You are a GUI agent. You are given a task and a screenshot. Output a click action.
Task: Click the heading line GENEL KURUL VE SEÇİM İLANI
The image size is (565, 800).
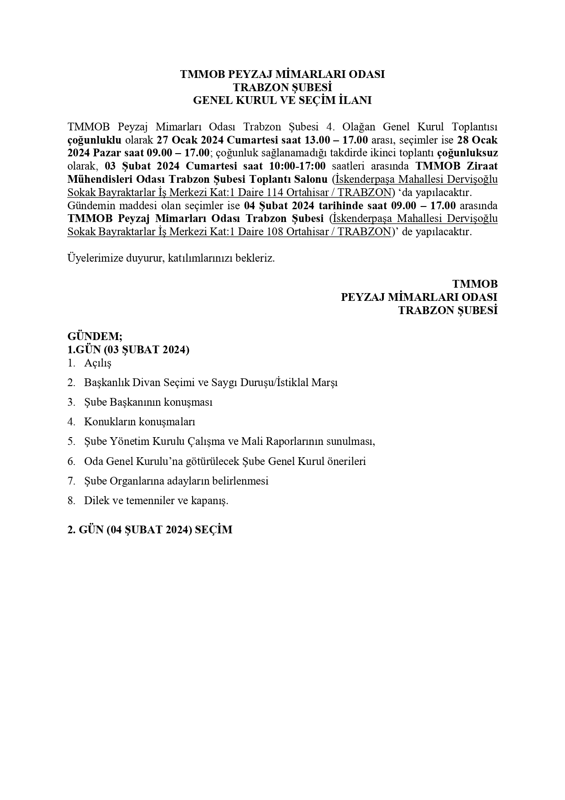282,100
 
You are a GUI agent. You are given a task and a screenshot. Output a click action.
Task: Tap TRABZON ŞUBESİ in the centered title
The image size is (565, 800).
282,87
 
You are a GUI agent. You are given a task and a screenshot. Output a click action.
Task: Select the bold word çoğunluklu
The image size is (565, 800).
94,139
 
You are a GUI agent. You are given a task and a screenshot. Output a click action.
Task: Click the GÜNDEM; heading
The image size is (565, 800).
95,336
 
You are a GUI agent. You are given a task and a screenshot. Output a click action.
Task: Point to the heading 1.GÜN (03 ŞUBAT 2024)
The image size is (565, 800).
128,350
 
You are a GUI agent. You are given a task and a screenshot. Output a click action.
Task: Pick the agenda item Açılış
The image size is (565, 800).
97,363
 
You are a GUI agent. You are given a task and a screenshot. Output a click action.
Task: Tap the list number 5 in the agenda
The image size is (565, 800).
71,441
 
